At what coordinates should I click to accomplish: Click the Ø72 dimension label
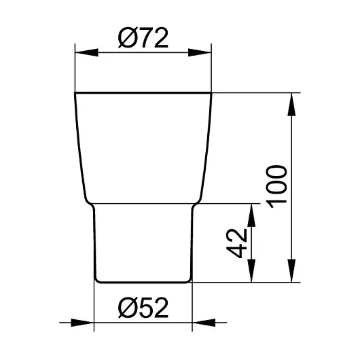point(143,38)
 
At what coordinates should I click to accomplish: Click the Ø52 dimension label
point(143,308)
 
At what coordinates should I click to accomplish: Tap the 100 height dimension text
point(276,186)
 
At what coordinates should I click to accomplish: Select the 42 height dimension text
point(236,243)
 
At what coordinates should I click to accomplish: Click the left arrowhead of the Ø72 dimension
point(86,52)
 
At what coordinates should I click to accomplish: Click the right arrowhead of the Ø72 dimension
point(200,52)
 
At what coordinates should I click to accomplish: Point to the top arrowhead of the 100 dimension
point(291,105)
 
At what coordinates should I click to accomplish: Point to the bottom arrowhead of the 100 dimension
point(291,271)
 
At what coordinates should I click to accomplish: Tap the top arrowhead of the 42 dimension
point(251,215)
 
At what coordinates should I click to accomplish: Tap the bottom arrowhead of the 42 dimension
point(251,271)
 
